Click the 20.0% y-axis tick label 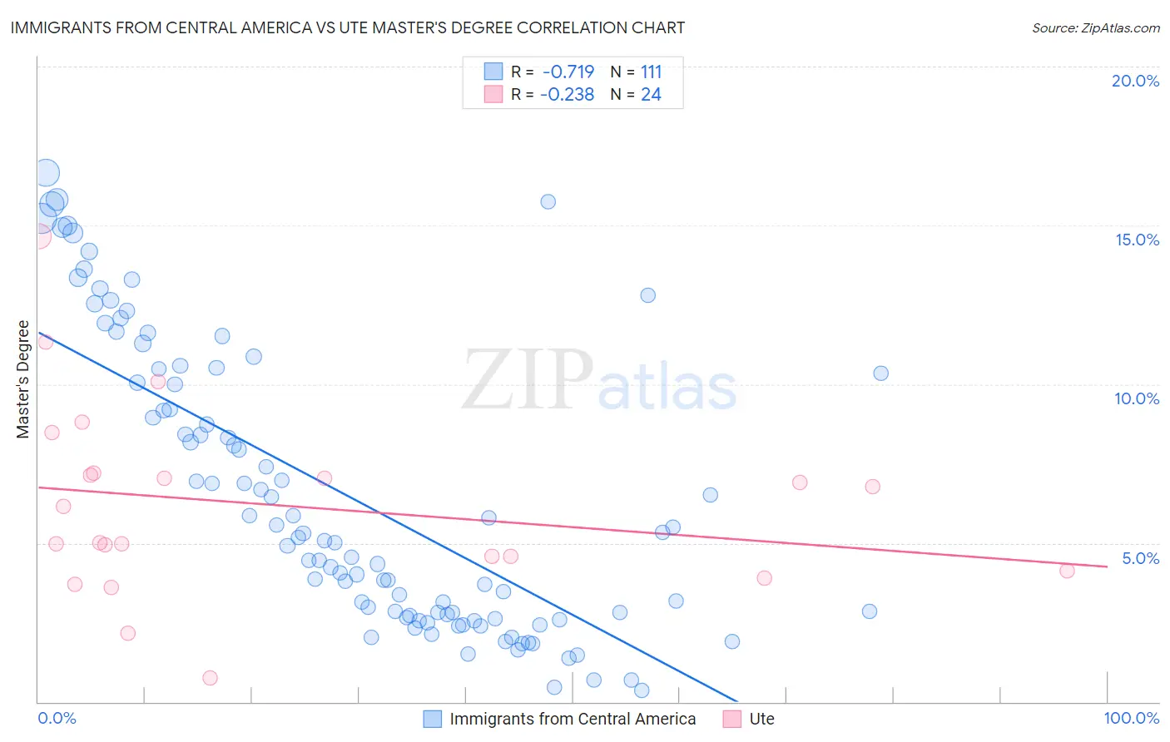pos(1135,81)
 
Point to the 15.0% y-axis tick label pos(1137,240)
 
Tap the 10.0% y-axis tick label pos(1137,398)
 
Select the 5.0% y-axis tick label pos(1140,558)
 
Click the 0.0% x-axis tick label pos(57,718)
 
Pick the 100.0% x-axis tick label pos(1131,718)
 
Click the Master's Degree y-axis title pos(23,379)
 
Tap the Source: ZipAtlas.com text pos(1095,28)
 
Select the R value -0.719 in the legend pos(568,72)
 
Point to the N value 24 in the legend pos(651,95)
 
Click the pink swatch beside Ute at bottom pos(732,719)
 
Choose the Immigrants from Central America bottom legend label pos(573,719)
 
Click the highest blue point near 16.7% pos(47,173)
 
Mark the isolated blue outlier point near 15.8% pos(548,201)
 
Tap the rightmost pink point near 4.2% pos(1067,571)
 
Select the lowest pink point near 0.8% pos(210,678)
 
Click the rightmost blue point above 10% pos(880,373)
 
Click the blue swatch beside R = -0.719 pos(493,72)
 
